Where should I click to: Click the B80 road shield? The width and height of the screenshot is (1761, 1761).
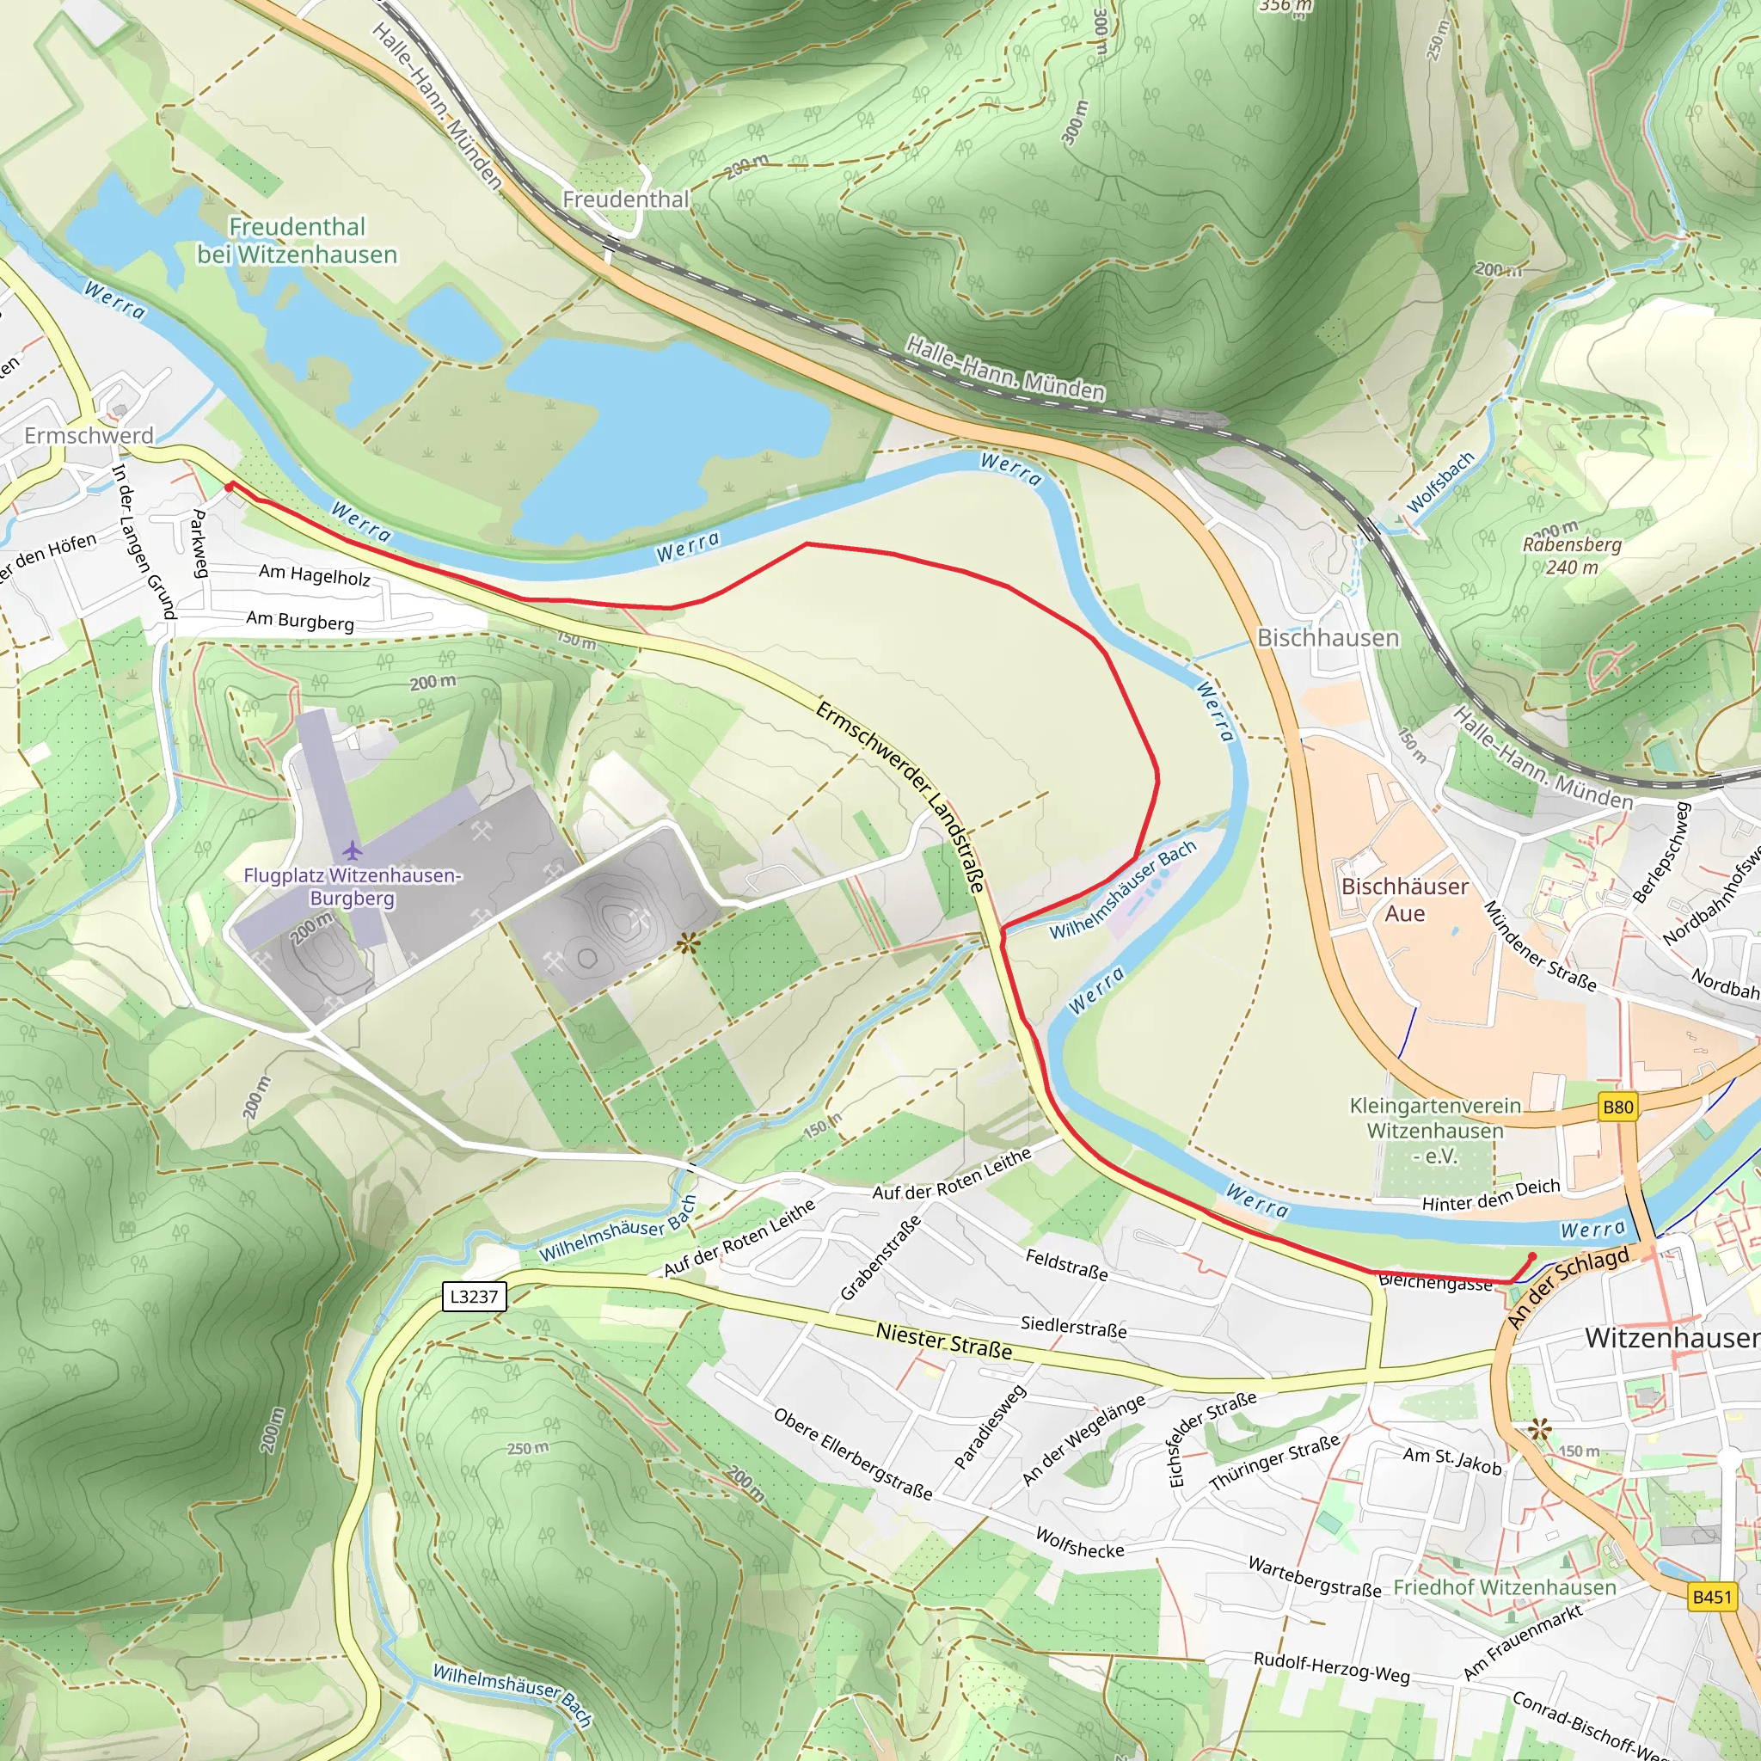[x=1618, y=1107]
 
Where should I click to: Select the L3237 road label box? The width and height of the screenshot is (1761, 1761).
[x=474, y=1296]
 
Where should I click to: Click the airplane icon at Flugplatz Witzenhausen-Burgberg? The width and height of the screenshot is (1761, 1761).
[x=353, y=851]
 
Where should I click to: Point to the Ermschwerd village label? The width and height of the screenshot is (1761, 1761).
[x=89, y=436]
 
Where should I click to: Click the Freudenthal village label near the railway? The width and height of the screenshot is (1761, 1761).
[x=625, y=199]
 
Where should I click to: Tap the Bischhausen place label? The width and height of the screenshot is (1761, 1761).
[x=1327, y=637]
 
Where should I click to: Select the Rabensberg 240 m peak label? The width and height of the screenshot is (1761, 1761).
[x=1573, y=555]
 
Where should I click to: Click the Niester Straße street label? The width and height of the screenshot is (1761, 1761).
[x=943, y=1342]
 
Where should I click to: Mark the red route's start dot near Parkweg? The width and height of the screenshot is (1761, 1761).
[x=229, y=486]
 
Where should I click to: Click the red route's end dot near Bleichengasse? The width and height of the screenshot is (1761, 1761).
[x=1532, y=1257]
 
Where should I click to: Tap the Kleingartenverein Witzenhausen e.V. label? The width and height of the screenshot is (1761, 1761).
[x=1435, y=1130]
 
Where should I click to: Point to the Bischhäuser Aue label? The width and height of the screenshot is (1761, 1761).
[x=1405, y=899]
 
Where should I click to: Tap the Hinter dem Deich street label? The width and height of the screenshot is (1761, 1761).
[x=1490, y=1195]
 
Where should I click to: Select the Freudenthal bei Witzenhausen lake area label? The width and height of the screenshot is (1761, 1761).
[x=298, y=240]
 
